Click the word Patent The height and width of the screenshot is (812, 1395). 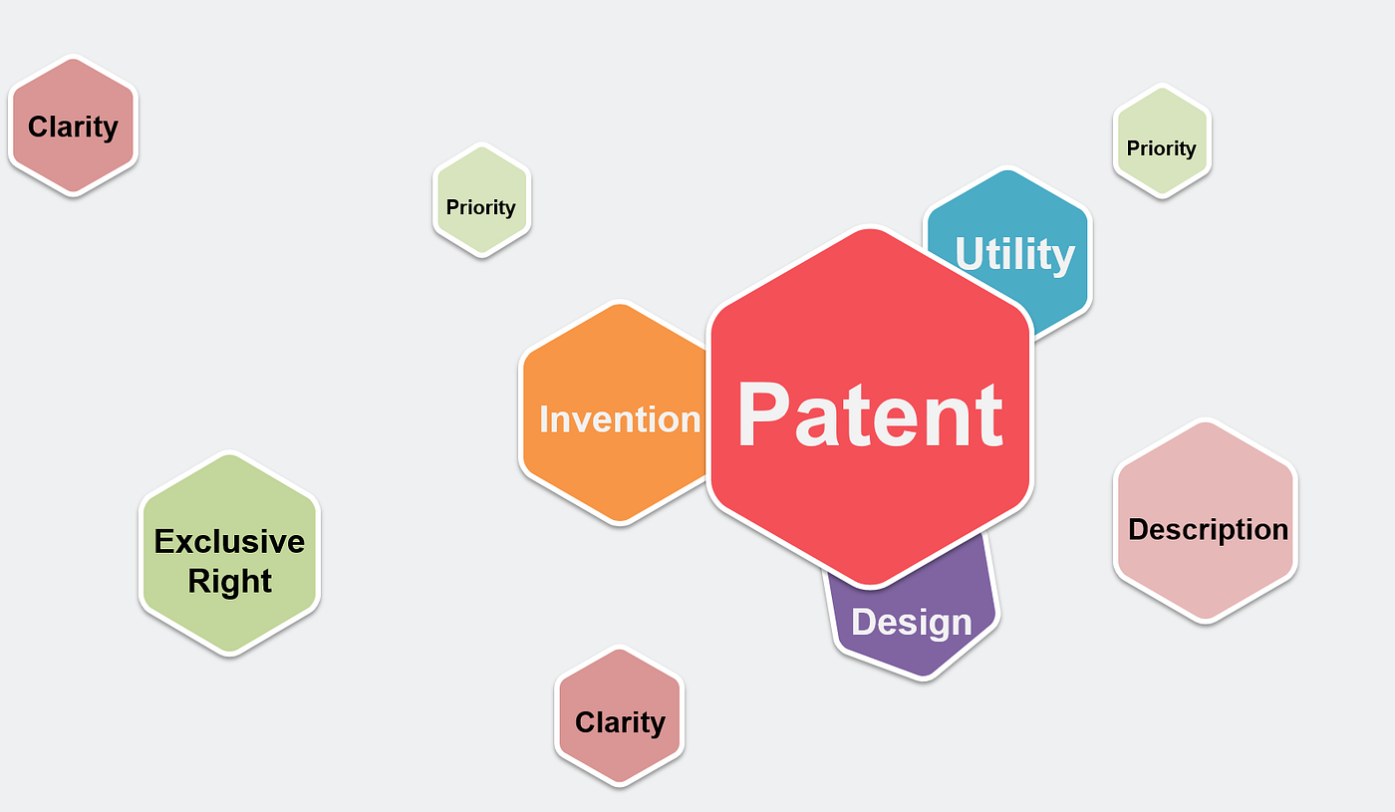tap(870, 414)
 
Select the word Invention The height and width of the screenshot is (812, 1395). tap(620, 419)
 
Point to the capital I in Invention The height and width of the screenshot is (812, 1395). tap(543, 419)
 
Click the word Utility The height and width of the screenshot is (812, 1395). tap(1014, 255)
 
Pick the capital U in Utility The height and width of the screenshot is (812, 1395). tap(971, 253)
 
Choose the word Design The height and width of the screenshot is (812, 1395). tap(911, 623)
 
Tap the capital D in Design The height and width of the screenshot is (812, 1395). tap(864, 621)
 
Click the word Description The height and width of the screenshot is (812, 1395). tap(1208, 530)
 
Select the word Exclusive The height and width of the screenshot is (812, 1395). tap(229, 541)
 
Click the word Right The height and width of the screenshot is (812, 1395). tap(229, 583)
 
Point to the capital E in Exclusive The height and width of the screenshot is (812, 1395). tap(164, 541)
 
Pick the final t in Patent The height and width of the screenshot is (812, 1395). tap(991, 417)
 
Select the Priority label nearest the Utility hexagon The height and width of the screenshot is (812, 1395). tap(1162, 149)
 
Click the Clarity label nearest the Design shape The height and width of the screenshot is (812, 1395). tap(620, 723)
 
